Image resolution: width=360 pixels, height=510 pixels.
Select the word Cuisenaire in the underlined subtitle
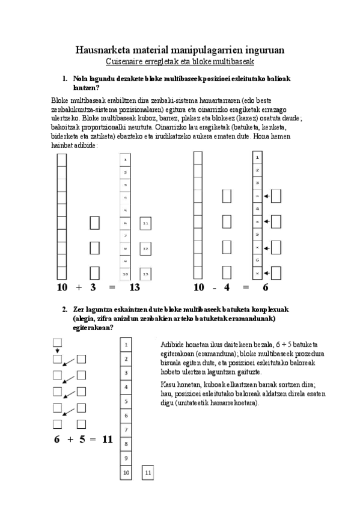[124, 62]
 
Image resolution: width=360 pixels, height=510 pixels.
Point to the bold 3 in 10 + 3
[94, 287]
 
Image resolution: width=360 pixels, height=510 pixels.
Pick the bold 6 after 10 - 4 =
[265, 287]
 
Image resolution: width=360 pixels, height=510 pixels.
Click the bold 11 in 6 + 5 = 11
[108, 439]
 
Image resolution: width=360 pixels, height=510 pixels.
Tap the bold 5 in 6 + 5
[82, 439]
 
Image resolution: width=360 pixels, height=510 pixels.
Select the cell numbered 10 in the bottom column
[126, 473]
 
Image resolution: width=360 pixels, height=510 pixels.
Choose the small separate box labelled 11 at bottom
[148, 473]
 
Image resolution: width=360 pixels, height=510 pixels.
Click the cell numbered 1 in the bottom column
[126, 345]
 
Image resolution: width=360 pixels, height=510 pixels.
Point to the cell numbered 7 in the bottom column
[126, 430]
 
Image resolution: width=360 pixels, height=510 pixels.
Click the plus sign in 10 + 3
[79, 287]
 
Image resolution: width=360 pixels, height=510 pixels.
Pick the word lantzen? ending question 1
[86, 87]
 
